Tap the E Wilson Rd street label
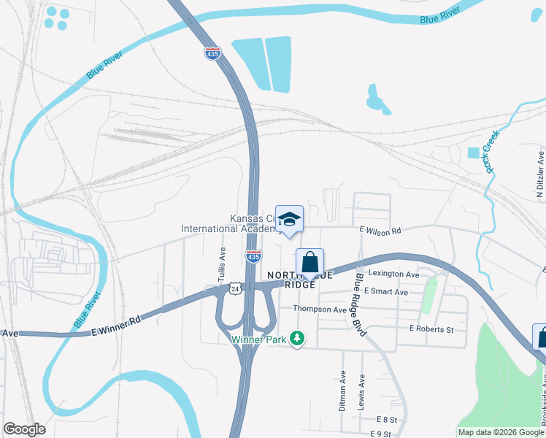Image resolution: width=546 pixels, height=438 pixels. coord(380,230)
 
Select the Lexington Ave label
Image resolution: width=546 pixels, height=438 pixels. coord(394,274)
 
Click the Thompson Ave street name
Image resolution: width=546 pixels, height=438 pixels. coord(319,310)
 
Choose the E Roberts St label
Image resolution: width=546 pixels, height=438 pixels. coord(431,329)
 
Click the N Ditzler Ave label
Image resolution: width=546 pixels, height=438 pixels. coord(540,175)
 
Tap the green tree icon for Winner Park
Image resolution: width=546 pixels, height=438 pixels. coord(296,338)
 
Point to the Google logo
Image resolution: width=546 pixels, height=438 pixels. coord(24,429)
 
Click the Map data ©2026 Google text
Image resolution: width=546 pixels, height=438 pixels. coord(501,433)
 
